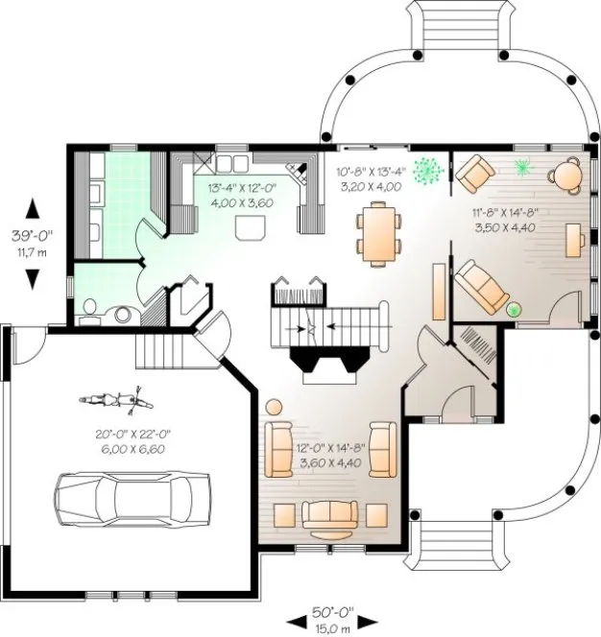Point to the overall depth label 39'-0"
34,234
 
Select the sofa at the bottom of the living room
331,515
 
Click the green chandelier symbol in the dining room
431,171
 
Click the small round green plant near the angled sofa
513,309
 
